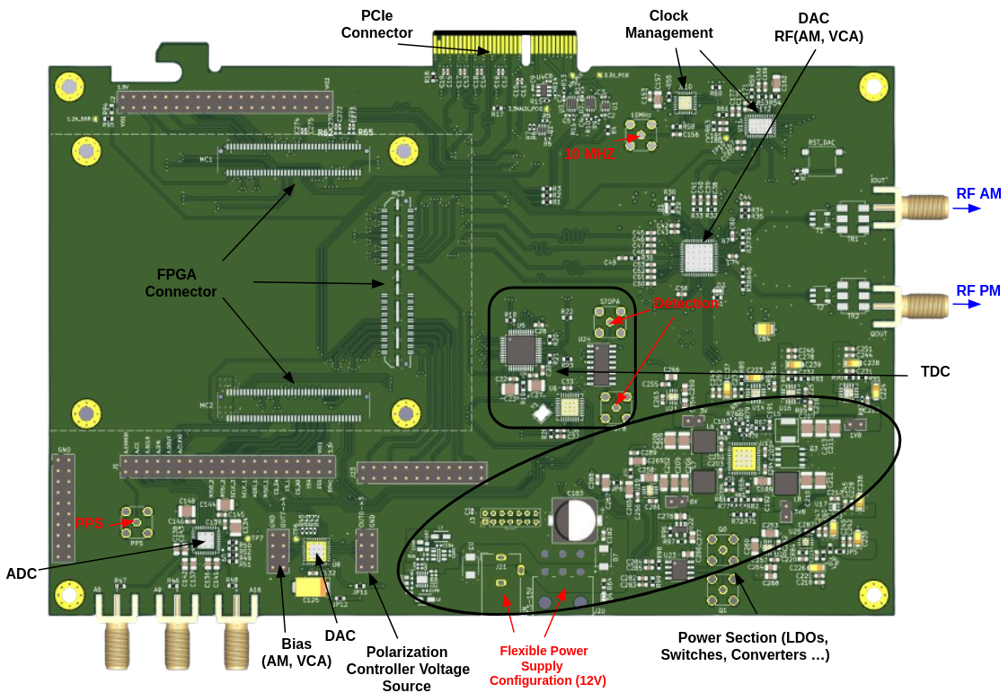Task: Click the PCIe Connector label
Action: (x=376, y=24)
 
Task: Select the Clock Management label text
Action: (x=668, y=24)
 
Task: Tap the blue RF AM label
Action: (x=977, y=193)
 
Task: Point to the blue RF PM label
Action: (x=977, y=290)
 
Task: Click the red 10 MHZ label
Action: (x=588, y=155)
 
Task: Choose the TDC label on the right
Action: (x=934, y=372)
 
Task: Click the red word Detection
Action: (x=685, y=304)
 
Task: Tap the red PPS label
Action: (x=89, y=523)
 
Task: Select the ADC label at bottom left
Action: (x=22, y=573)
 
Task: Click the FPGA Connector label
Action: (x=181, y=283)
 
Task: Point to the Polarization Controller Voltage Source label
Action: (x=407, y=669)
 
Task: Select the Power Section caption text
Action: (x=745, y=646)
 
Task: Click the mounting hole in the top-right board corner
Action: (x=873, y=86)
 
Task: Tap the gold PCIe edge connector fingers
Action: (x=504, y=44)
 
